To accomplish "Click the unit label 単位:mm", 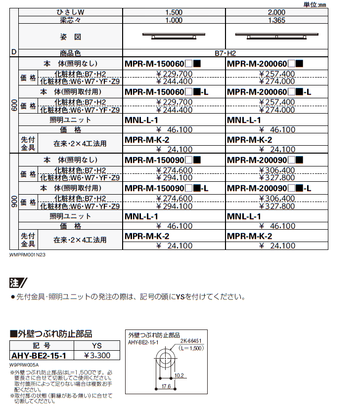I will [x=342, y=4].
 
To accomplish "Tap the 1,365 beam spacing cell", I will [x=275, y=20].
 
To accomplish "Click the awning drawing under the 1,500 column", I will [x=174, y=36].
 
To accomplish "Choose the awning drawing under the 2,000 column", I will [x=276, y=35].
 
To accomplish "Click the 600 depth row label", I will [x=14, y=106].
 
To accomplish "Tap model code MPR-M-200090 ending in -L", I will [x=269, y=188].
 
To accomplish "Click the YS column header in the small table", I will [x=96, y=346].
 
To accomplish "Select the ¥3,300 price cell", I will [x=97, y=355].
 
